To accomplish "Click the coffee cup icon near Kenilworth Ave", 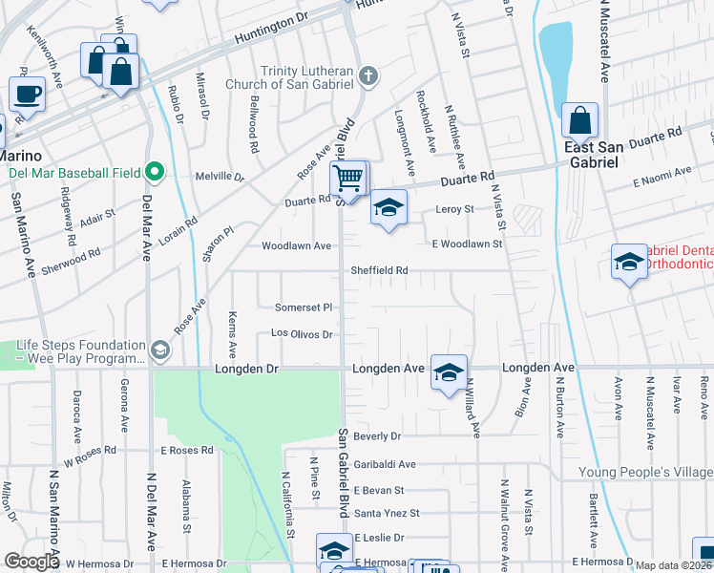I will (28, 95).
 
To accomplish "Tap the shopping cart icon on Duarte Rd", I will (348, 177).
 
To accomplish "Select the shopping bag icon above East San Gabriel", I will (579, 120).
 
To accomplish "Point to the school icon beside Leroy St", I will (388, 208).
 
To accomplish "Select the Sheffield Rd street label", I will (379, 270).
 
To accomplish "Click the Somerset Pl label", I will (303, 308).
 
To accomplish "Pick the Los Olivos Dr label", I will (301, 334).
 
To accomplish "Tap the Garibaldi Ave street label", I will (385, 464).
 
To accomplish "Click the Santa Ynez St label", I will (387, 513).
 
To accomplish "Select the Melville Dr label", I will (220, 177).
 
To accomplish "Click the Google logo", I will (31, 562).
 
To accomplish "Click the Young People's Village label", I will (645, 473).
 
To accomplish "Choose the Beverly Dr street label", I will (377, 436).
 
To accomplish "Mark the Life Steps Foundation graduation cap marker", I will (159, 350).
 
